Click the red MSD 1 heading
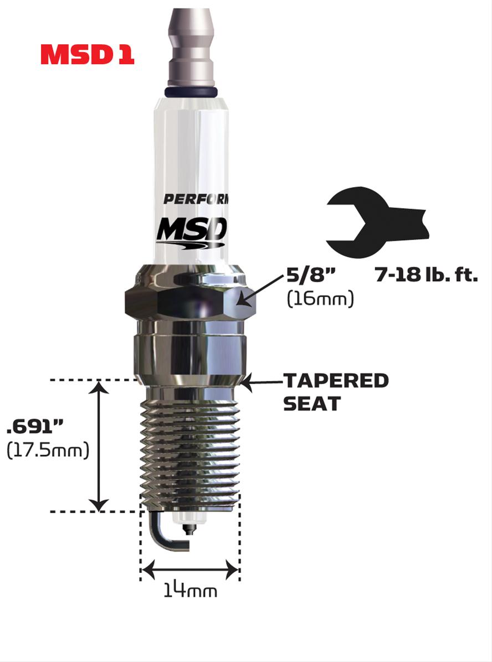[87, 54]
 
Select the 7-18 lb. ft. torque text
[426, 275]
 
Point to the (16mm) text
[320, 299]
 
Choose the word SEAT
[311, 404]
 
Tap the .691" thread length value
[35, 427]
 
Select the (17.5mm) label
[48, 451]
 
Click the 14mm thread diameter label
[190, 591]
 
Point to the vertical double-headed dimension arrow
[99, 446]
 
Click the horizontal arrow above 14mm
[189, 568]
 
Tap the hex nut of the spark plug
[188, 299]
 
